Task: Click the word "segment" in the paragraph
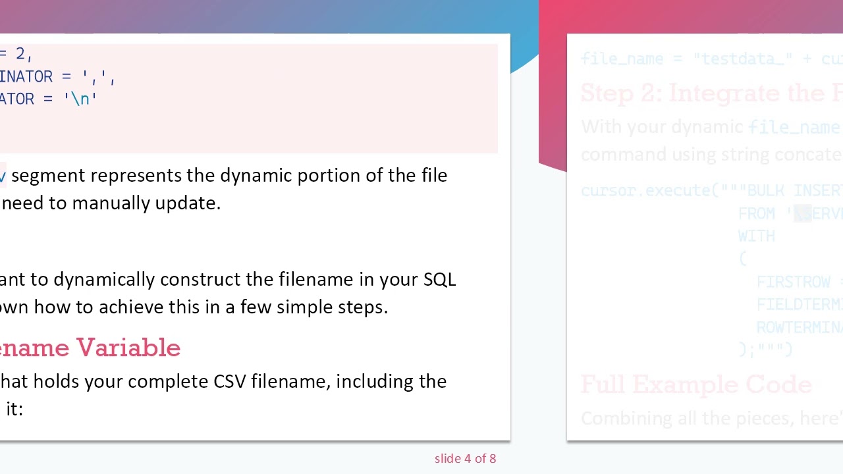48,176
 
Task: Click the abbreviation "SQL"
439,280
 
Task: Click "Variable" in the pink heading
128,348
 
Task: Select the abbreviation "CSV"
229,382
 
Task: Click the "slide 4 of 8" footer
465,459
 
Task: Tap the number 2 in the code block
20,54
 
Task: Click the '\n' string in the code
80,99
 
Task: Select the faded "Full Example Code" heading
695,385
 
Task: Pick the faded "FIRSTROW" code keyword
793,282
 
